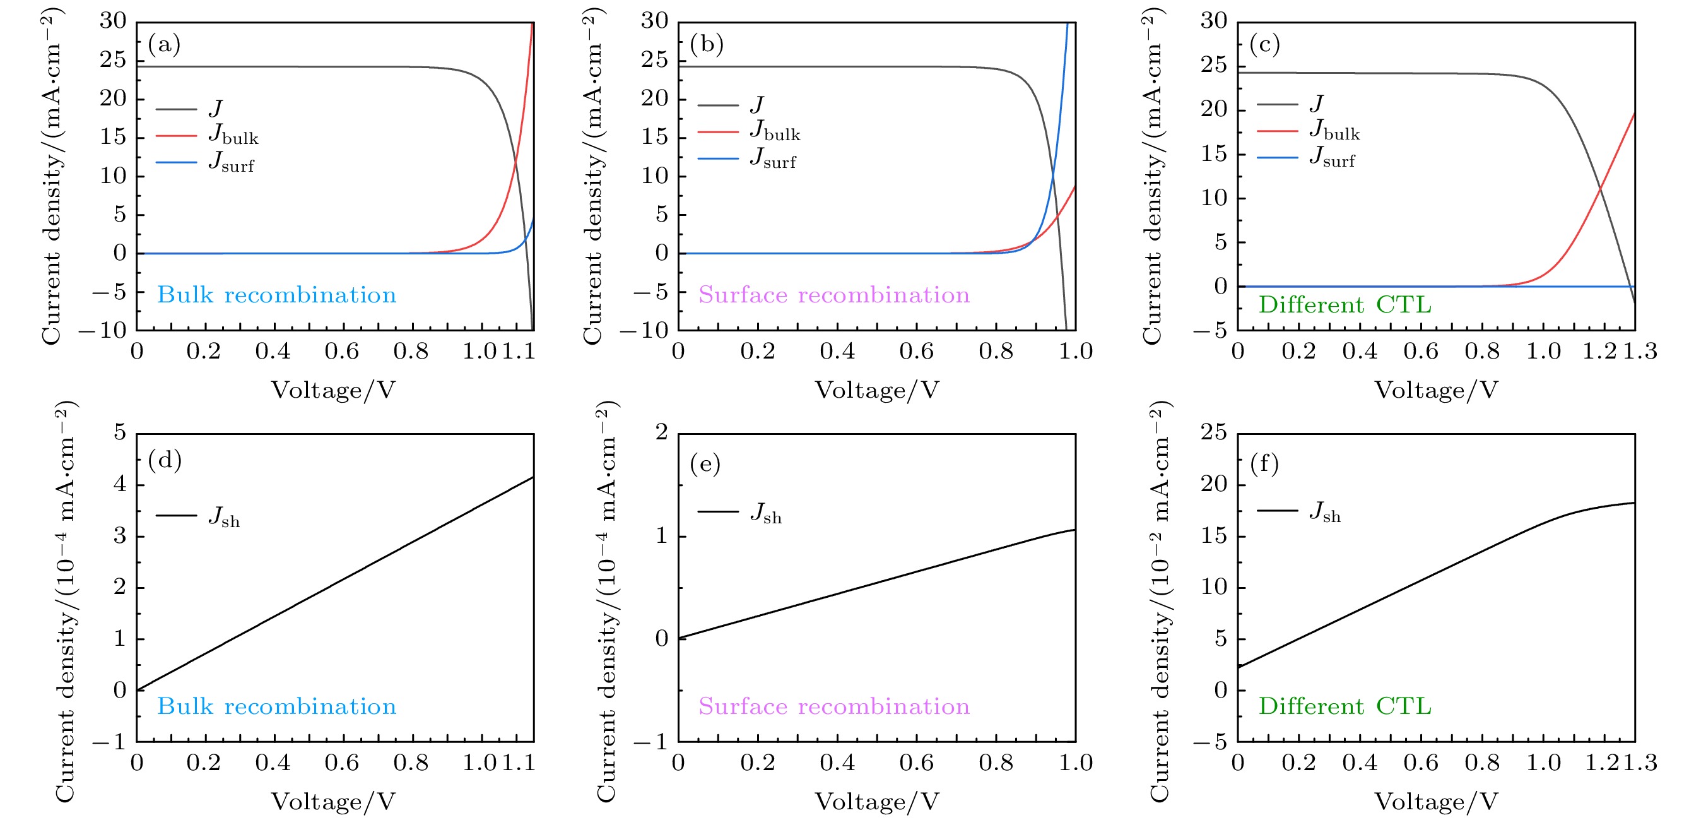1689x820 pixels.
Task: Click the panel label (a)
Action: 164,45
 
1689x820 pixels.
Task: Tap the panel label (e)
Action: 705,464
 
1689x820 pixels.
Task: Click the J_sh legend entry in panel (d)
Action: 199,516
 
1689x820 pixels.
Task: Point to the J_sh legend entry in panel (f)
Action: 1300,511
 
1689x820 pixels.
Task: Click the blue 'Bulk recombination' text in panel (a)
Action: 277,295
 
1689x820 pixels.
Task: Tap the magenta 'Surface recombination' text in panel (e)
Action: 833,706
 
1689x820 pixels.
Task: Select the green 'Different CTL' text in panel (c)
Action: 1345,305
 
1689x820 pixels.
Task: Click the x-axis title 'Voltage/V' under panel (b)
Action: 876,390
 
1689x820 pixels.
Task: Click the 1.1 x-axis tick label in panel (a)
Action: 519,352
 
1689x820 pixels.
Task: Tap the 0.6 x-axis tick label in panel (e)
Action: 916,763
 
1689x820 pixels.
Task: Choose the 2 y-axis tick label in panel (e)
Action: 661,432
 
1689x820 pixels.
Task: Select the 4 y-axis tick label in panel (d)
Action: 119,484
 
